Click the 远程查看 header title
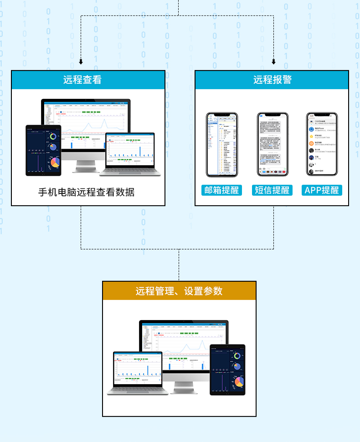pyautogui.click(x=82, y=80)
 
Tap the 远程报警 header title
pyautogui.click(x=273, y=80)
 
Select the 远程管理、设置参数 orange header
pyautogui.click(x=179, y=291)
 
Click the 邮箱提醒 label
pyautogui.click(x=221, y=190)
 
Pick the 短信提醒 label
pyautogui.click(x=272, y=190)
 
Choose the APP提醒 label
pyautogui.click(x=322, y=190)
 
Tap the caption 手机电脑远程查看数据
pyautogui.click(x=86, y=192)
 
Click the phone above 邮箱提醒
pyautogui.click(x=221, y=145)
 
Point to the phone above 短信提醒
pyautogui.click(x=273, y=145)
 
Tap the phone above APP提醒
pyautogui.click(x=322, y=145)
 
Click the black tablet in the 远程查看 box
pyautogui.click(x=43, y=150)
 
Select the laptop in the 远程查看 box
pyautogui.click(x=130, y=152)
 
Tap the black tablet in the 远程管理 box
pyautogui.click(x=227, y=370)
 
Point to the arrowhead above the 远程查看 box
pyautogui.click(x=81, y=62)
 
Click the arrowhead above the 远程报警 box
pyautogui.click(x=274, y=62)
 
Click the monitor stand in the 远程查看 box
pyautogui.click(x=85, y=166)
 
